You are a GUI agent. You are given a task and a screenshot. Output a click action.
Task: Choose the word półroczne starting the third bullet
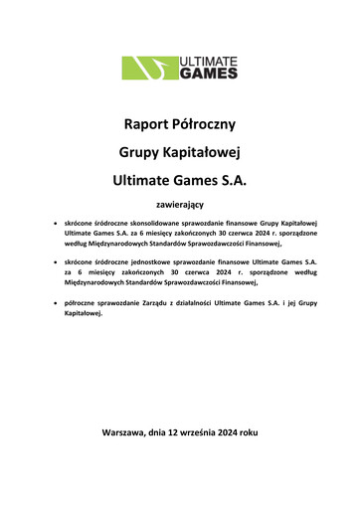[84, 301]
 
